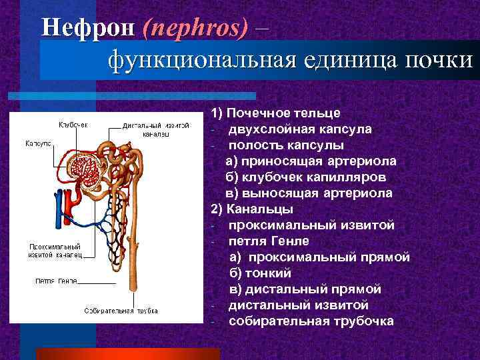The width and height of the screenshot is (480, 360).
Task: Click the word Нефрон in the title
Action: [x=86, y=27]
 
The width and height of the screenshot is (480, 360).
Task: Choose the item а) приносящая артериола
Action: [x=311, y=161]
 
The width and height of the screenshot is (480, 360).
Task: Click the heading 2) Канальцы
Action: [x=251, y=209]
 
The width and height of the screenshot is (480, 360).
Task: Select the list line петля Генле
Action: [x=269, y=241]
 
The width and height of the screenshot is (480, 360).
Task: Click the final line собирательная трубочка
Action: [x=311, y=321]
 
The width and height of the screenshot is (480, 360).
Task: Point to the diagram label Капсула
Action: [x=39, y=143]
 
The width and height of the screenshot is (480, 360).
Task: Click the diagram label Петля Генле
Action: [x=56, y=280]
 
